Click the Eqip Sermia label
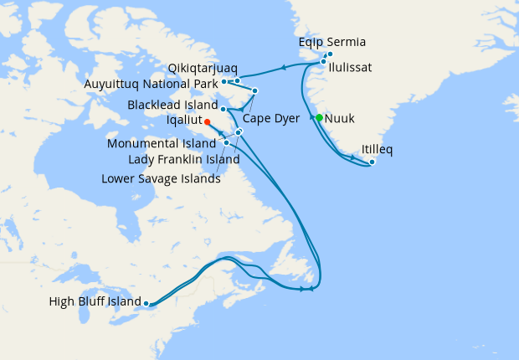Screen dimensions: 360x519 pos(332,43)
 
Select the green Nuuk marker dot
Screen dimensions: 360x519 pos(319,117)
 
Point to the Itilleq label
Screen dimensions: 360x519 pos(378,150)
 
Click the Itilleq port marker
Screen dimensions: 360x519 pos(372,162)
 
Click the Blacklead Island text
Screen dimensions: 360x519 pos(172,105)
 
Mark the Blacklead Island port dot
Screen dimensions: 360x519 pos(224,109)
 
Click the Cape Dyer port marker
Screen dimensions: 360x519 pos(254,90)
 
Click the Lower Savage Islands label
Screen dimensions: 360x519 pos(161,177)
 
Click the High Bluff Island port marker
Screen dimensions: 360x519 pos(146,303)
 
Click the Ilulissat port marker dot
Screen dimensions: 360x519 pos(323,62)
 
